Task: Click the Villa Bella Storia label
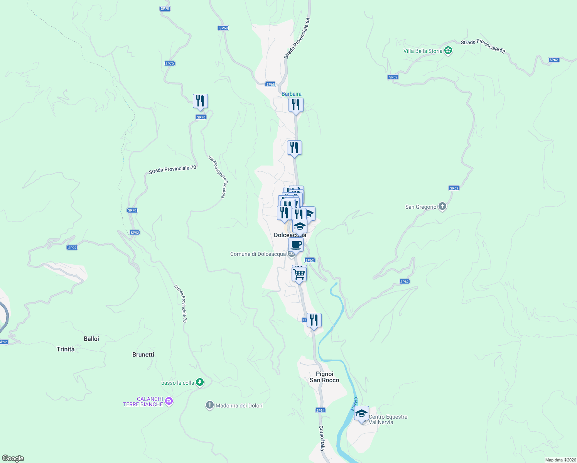(x=423, y=51)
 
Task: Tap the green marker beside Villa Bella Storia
(x=448, y=51)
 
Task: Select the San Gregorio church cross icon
(x=442, y=207)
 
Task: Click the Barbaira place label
(x=291, y=94)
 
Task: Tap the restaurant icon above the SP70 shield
(x=200, y=101)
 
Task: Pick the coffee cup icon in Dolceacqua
(x=296, y=245)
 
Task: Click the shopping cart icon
(x=299, y=274)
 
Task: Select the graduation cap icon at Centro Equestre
(x=361, y=414)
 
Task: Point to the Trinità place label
(x=66, y=349)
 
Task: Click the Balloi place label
(x=91, y=339)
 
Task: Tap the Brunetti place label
(x=143, y=355)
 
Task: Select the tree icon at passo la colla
(x=200, y=382)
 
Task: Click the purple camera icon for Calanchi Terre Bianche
(x=169, y=402)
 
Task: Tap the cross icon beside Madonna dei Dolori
(x=209, y=405)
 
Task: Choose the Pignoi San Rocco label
(x=324, y=377)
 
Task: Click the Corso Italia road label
(x=322, y=438)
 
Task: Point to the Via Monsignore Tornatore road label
(x=217, y=177)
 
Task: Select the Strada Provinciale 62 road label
(x=483, y=46)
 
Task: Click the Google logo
(x=13, y=458)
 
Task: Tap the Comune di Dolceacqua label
(x=258, y=254)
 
